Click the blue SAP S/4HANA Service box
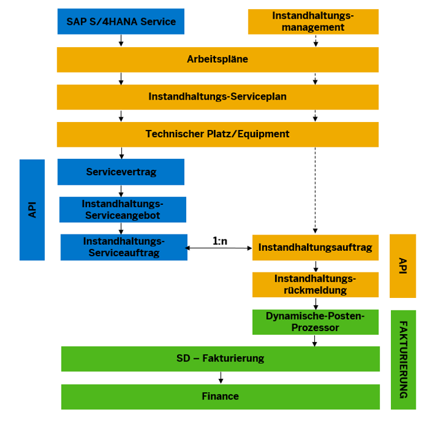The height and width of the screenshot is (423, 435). [x=121, y=22]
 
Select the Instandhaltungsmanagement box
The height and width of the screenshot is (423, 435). [x=313, y=22]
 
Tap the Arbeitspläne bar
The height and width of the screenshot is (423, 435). [x=217, y=60]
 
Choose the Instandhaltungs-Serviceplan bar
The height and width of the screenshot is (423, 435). [x=217, y=97]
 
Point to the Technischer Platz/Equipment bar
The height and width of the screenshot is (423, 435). [x=217, y=134]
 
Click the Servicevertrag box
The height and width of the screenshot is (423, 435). [x=121, y=172]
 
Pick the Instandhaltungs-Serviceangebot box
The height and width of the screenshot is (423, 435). [x=123, y=209]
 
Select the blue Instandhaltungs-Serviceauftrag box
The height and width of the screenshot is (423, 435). [x=124, y=247]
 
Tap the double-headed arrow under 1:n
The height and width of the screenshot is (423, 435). [x=220, y=248]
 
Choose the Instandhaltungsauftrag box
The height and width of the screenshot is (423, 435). [x=315, y=247]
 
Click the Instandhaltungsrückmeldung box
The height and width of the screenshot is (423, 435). [x=315, y=285]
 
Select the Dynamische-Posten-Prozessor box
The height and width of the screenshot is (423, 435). [x=315, y=322]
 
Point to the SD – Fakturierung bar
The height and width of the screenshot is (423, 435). [x=221, y=358]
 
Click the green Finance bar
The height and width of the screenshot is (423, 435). [x=221, y=396]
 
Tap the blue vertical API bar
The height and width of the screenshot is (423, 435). [x=32, y=210]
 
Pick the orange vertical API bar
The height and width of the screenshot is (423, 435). [x=402, y=266]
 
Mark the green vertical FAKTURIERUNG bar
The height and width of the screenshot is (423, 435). [x=403, y=360]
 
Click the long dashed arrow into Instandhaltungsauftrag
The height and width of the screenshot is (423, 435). [x=315, y=187]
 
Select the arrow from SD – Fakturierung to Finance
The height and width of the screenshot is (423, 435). [x=221, y=378]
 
